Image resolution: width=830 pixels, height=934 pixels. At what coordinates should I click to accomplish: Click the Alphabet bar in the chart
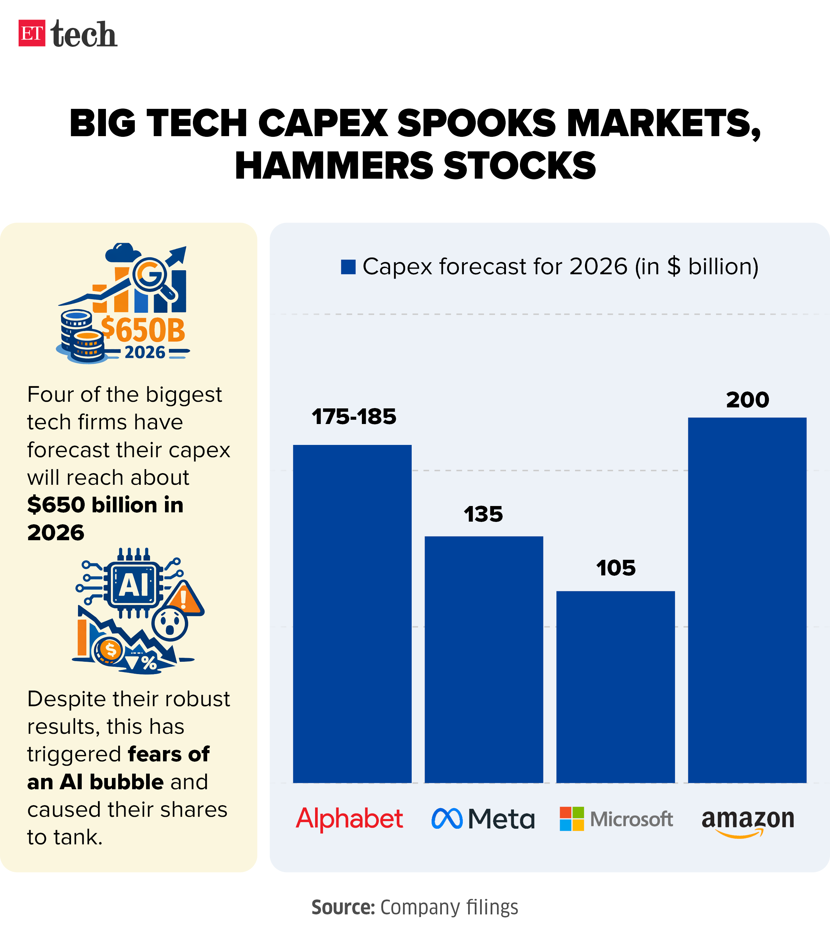tap(352, 613)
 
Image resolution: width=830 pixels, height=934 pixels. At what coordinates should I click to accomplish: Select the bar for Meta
tap(484, 659)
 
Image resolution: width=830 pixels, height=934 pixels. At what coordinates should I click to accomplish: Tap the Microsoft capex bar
tap(615, 686)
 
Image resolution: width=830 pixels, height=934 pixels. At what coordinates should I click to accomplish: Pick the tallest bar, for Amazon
tap(747, 600)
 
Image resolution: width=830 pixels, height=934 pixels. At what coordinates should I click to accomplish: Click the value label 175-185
tap(354, 417)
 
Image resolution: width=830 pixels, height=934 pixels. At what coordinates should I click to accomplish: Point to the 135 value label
tap(483, 515)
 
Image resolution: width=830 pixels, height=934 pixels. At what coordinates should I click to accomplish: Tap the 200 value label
tap(747, 400)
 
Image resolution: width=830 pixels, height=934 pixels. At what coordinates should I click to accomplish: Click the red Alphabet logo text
tap(350, 818)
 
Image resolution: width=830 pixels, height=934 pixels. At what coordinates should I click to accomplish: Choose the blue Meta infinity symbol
tap(447, 818)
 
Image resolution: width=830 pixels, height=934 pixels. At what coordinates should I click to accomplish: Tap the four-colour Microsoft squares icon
tap(571, 819)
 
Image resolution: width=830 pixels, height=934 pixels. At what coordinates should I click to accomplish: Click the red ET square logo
tap(32, 33)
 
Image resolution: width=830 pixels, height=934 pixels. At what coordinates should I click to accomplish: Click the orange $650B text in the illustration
tap(143, 330)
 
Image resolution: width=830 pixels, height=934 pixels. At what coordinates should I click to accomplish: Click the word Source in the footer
tap(343, 907)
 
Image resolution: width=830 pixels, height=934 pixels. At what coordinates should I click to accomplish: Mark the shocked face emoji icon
tap(169, 623)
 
